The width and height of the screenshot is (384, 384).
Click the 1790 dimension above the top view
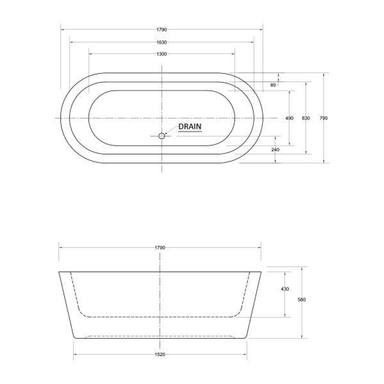pos(161,30)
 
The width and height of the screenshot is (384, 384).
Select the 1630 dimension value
pos(161,42)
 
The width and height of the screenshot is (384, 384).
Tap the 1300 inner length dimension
pos(161,54)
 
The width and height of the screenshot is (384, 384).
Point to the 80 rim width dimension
pos(273,85)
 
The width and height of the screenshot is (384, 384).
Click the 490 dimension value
pos(289,118)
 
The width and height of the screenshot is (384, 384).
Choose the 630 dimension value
pos(305,118)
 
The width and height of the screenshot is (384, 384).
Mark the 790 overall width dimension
pos(323,118)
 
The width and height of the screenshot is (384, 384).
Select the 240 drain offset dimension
pos(275,150)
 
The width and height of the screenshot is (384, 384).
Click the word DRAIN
pos(190,127)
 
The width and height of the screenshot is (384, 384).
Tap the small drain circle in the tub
pos(162,135)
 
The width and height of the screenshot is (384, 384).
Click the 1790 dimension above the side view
pos(160,248)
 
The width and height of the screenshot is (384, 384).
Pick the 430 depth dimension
pos(285,289)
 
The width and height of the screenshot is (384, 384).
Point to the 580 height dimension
pos(302,300)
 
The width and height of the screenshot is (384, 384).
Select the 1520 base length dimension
pos(160,354)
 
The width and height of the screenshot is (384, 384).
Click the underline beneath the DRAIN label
pos(190,132)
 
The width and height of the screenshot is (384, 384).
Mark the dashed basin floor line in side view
pos(160,316)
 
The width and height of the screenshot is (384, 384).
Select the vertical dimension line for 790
pos(324,142)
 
